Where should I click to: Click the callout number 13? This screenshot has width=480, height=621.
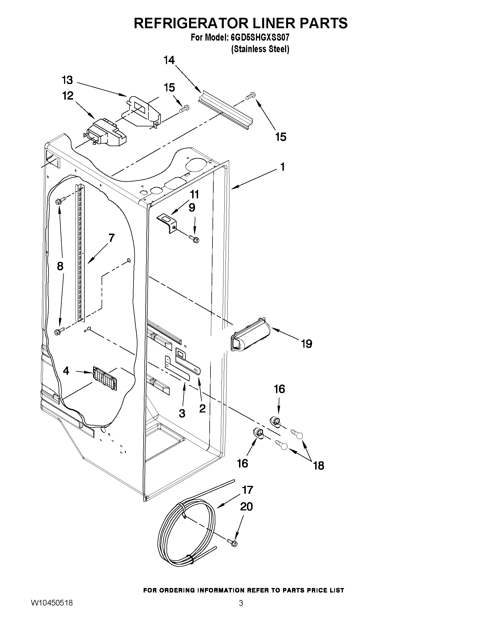tap(67, 80)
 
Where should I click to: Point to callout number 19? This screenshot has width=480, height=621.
tap(306, 344)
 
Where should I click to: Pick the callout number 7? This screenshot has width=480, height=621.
tap(111, 238)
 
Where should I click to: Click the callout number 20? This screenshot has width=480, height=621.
tap(246, 506)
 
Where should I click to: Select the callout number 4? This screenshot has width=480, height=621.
tap(66, 371)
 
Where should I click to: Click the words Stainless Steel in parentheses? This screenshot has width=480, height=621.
tap(260, 49)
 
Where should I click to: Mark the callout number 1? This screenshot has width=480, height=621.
tap(283, 167)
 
